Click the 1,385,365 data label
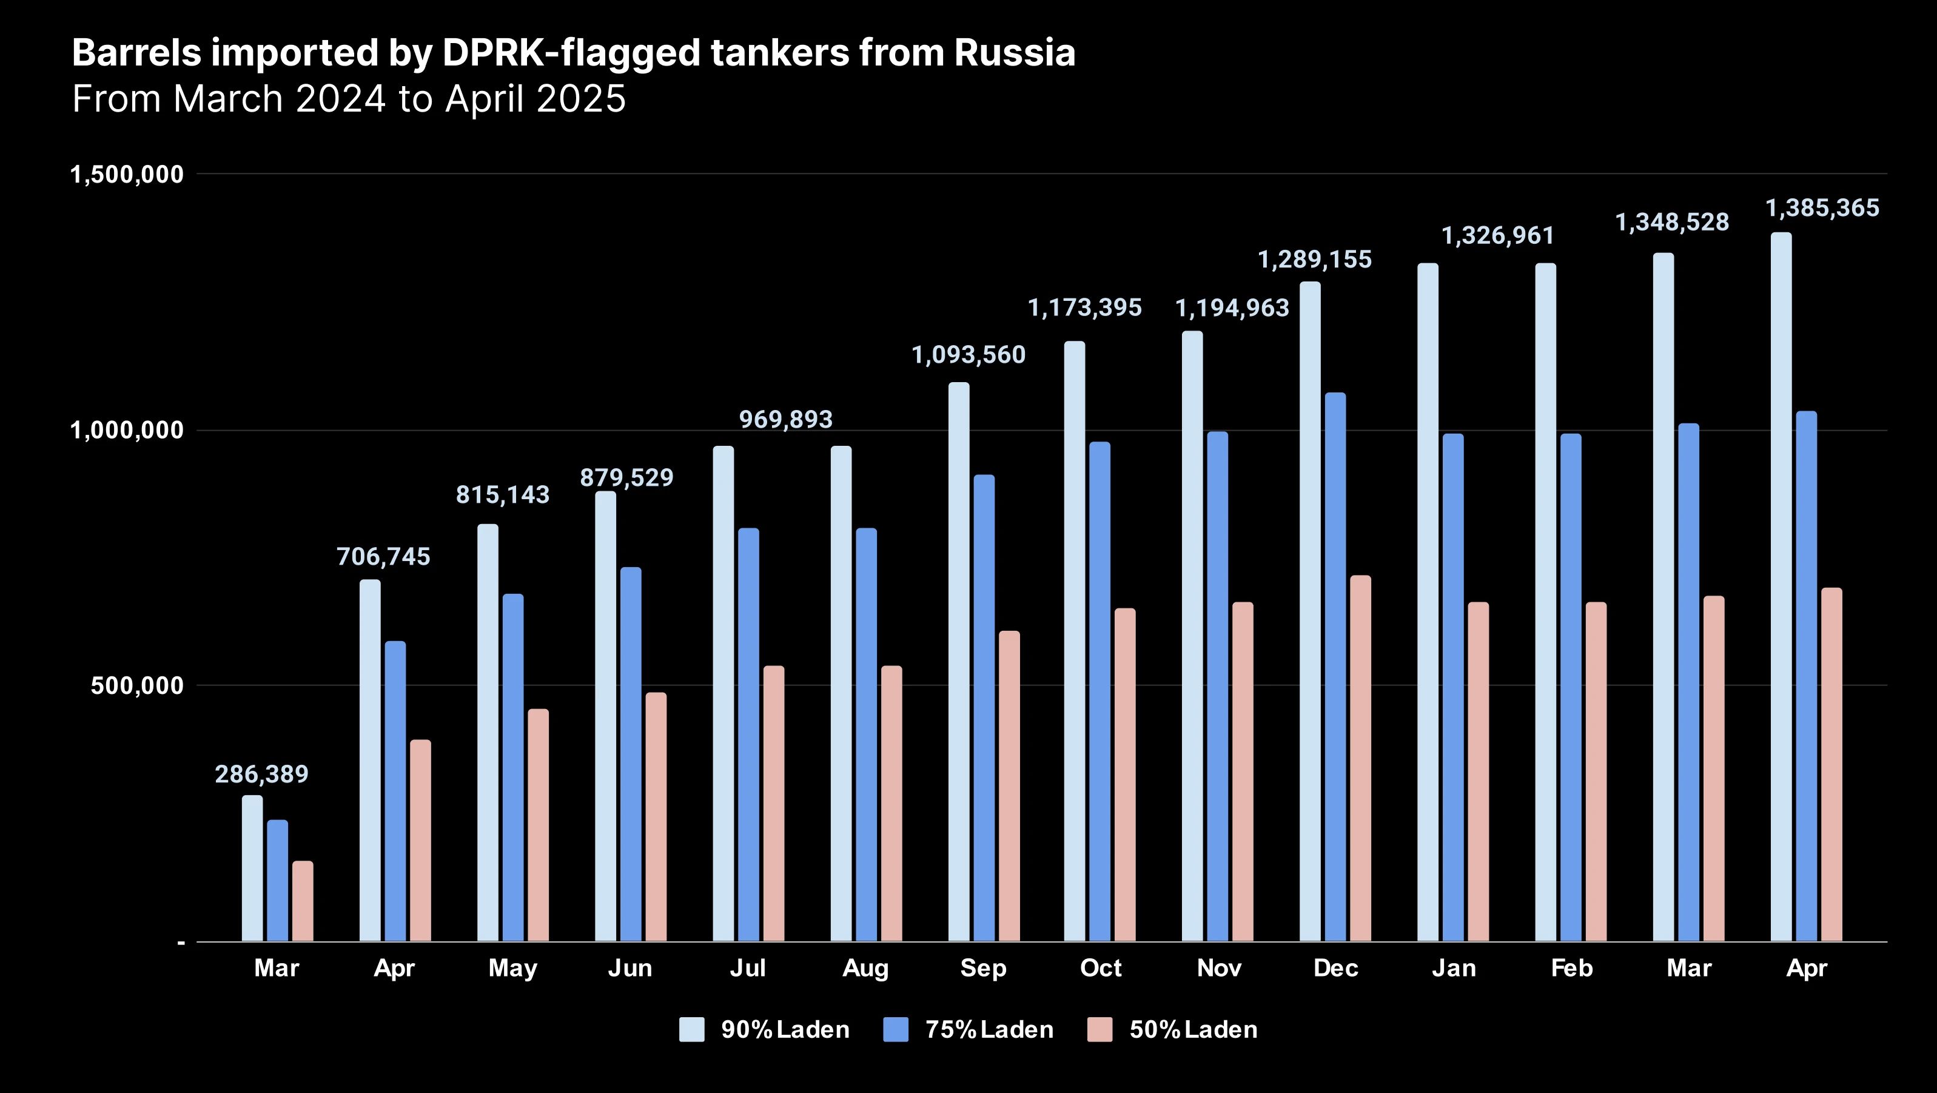point(1821,209)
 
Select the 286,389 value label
point(261,774)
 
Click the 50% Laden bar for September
point(1009,785)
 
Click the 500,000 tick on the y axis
point(137,685)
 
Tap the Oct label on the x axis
point(1101,968)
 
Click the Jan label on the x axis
point(1454,968)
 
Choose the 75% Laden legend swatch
point(896,1029)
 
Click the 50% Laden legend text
point(1193,1029)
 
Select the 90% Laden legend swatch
point(691,1029)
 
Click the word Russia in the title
point(1015,53)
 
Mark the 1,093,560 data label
point(968,355)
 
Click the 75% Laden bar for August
point(866,734)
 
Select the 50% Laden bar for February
point(1596,771)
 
